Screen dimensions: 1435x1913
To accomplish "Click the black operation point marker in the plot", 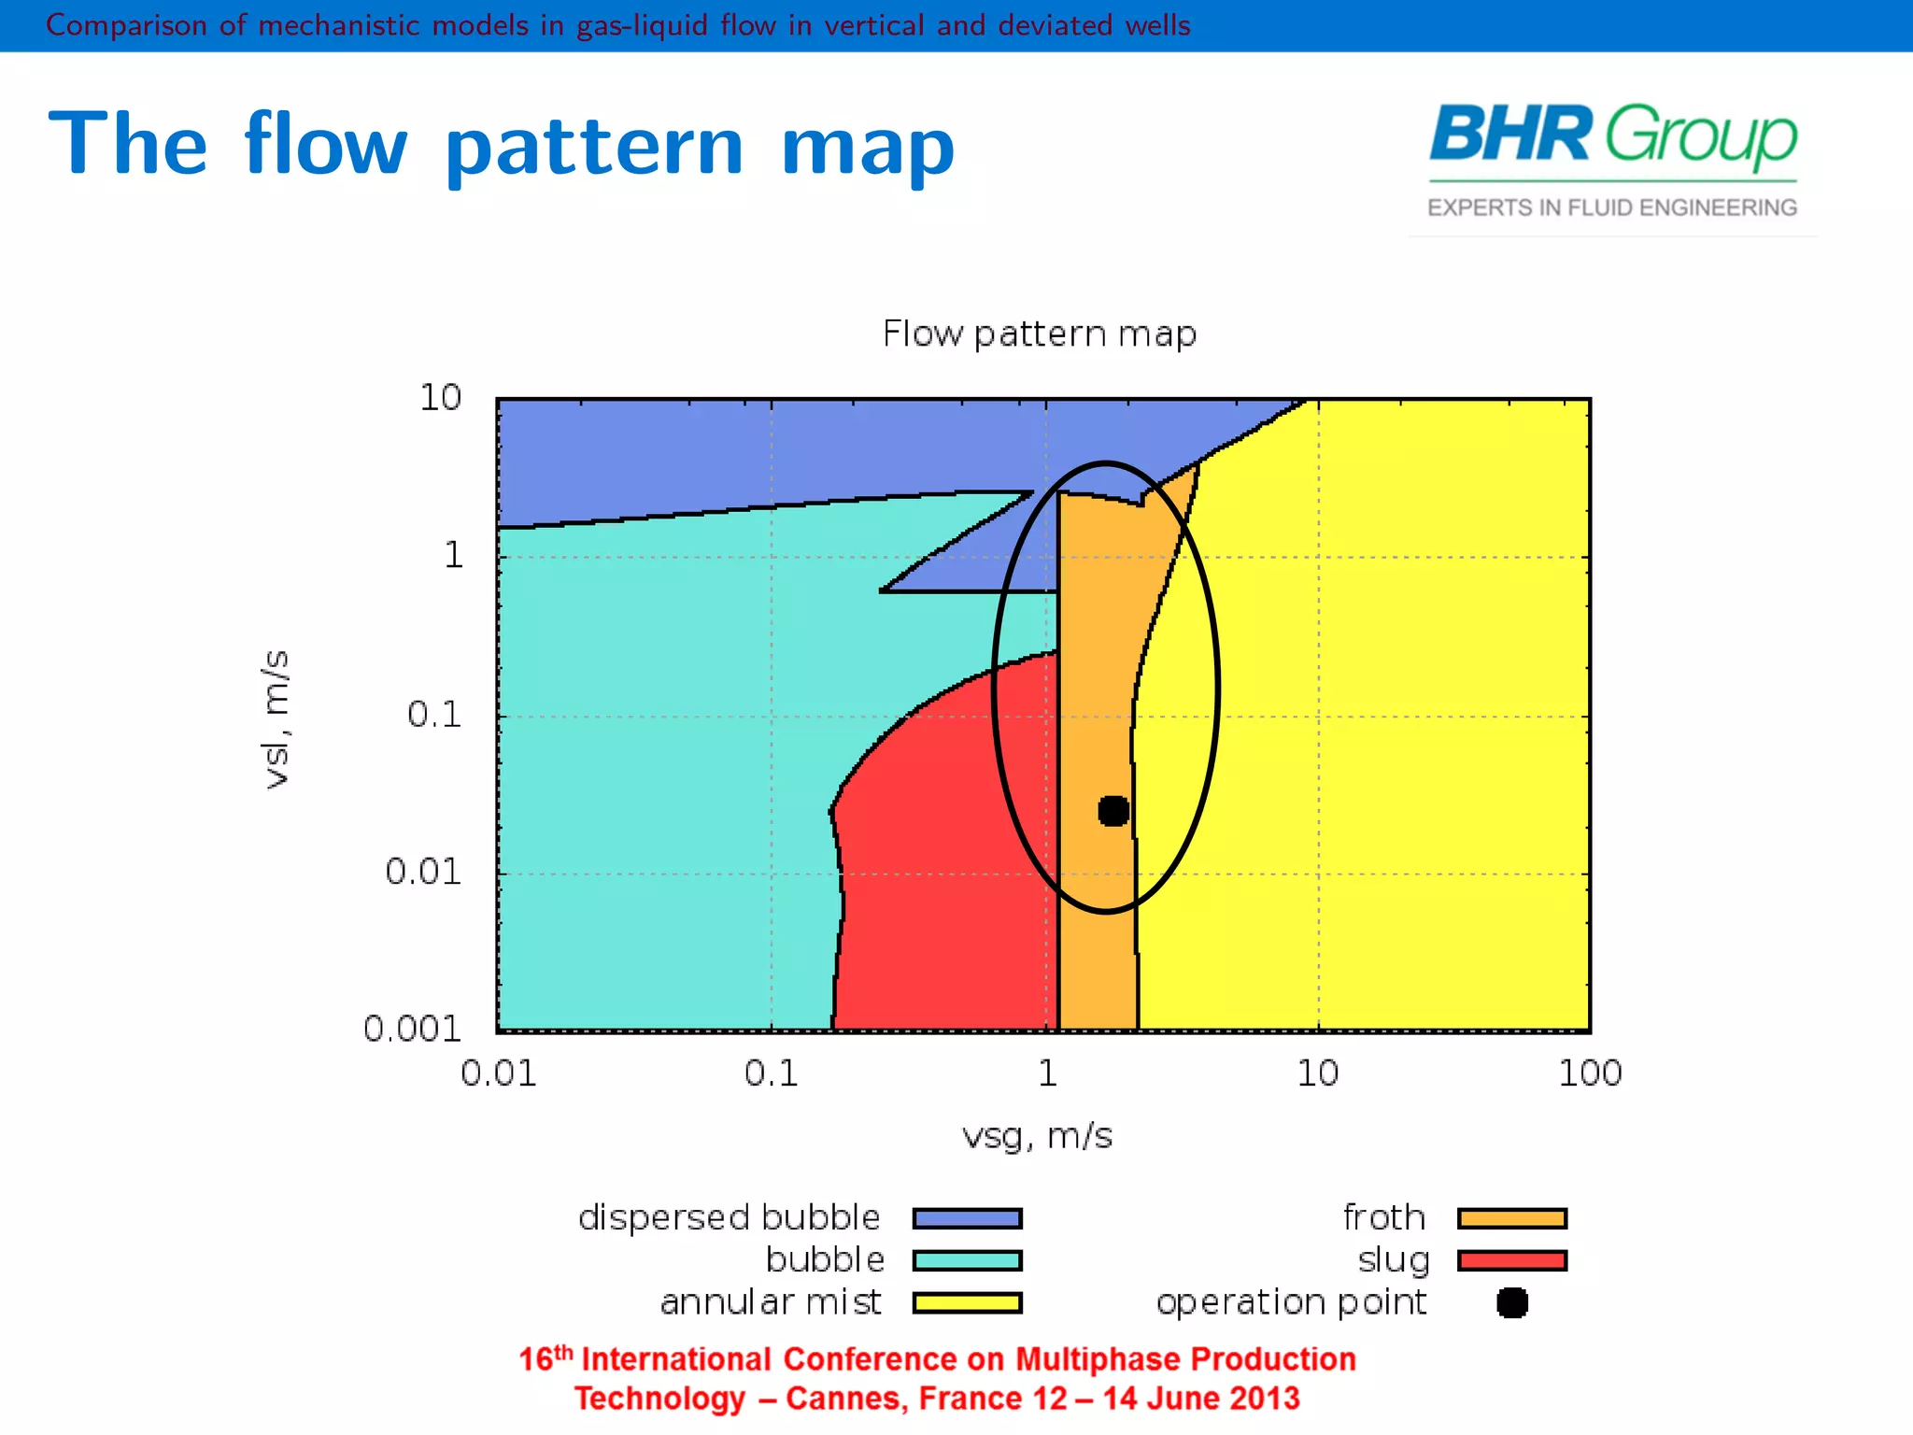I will (x=1112, y=811).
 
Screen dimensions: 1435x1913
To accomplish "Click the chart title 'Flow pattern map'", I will (x=1039, y=334).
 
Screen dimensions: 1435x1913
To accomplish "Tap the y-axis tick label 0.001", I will (x=412, y=1030).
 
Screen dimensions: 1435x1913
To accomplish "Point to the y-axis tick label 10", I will (x=440, y=398).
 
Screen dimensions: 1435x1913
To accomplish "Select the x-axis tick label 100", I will (x=1590, y=1073).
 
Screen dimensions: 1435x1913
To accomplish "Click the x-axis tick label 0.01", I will (x=499, y=1073).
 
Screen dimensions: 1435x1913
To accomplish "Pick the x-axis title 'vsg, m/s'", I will (x=1037, y=1137).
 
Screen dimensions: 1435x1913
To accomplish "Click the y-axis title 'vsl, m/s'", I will (x=276, y=719).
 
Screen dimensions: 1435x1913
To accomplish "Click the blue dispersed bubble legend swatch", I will (x=967, y=1218).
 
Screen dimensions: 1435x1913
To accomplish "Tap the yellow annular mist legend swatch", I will (x=967, y=1302).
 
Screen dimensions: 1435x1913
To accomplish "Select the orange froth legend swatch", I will (x=1511, y=1218).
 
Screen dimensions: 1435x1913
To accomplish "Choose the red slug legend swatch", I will (x=1511, y=1260).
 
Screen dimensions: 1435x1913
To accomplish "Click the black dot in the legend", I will (x=1511, y=1302).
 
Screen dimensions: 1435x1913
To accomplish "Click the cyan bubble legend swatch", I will (x=967, y=1260).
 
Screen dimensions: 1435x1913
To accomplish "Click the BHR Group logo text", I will (x=1612, y=135).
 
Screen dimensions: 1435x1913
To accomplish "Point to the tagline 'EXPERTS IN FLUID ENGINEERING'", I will (x=1612, y=207).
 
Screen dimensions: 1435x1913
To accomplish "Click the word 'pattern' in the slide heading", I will (x=594, y=148).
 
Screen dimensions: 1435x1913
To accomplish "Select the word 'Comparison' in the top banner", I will (x=126, y=25).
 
